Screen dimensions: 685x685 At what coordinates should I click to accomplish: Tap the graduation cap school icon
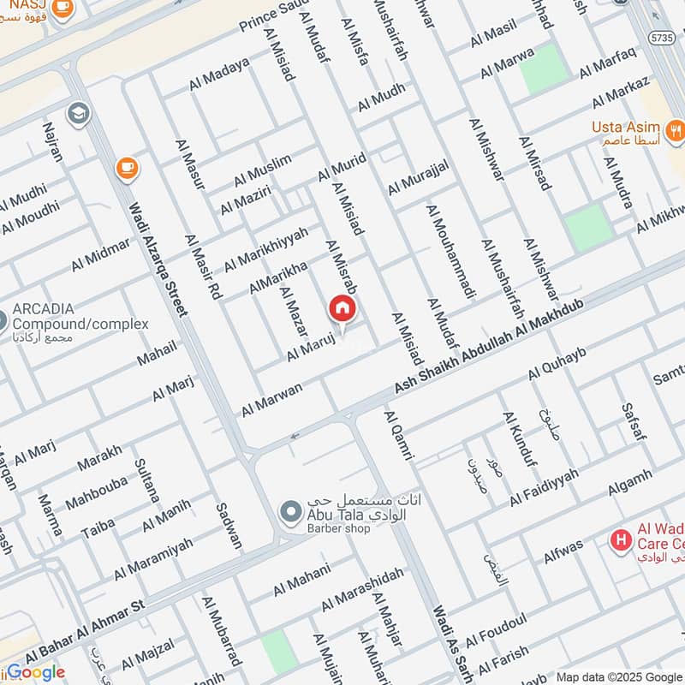78,113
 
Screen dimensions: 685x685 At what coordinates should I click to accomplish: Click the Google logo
35,672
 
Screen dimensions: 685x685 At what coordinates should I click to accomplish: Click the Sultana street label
146,479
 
